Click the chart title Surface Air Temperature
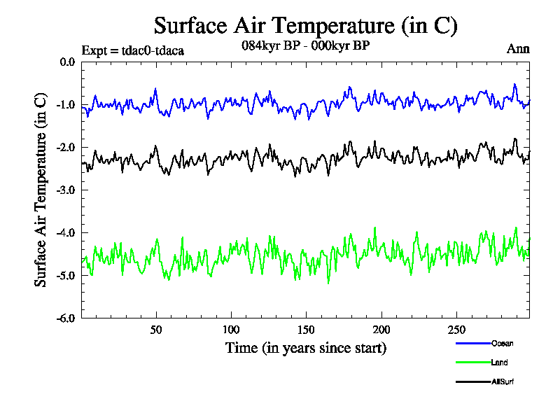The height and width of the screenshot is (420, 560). point(305,26)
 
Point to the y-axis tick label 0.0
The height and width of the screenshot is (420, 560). point(67,62)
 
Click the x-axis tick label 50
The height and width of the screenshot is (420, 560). point(156,330)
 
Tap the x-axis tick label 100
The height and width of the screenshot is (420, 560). point(231,330)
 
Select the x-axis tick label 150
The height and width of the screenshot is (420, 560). point(306,330)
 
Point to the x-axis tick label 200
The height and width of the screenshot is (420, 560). point(381,330)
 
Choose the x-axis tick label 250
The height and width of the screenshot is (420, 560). point(456,330)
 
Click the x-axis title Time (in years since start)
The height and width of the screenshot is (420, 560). point(305,347)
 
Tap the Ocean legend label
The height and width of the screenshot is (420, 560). point(502,343)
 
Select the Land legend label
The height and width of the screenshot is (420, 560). point(499,363)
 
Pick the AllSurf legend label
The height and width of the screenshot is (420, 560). point(502,382)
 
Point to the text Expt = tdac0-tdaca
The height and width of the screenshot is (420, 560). point(132,50)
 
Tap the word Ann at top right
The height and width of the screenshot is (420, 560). point(518,49)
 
